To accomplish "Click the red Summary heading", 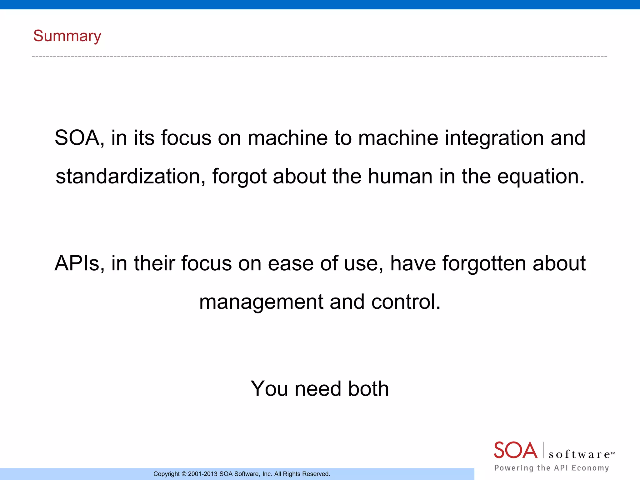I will click(x=67, y=36).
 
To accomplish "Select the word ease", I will click(x=290, y=263).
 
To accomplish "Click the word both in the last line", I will click(x=368, y=389).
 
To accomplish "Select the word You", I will click(x=269, y=389).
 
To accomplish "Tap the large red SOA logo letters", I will click(x=515, y=450).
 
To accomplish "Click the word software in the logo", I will click(x=580, y=454).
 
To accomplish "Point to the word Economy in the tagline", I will click(x=590, y=468).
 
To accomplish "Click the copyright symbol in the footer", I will click(x=184, y=474).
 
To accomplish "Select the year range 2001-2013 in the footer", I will click(x=202, y=474).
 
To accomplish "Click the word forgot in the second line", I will click(x=239, y=176).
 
